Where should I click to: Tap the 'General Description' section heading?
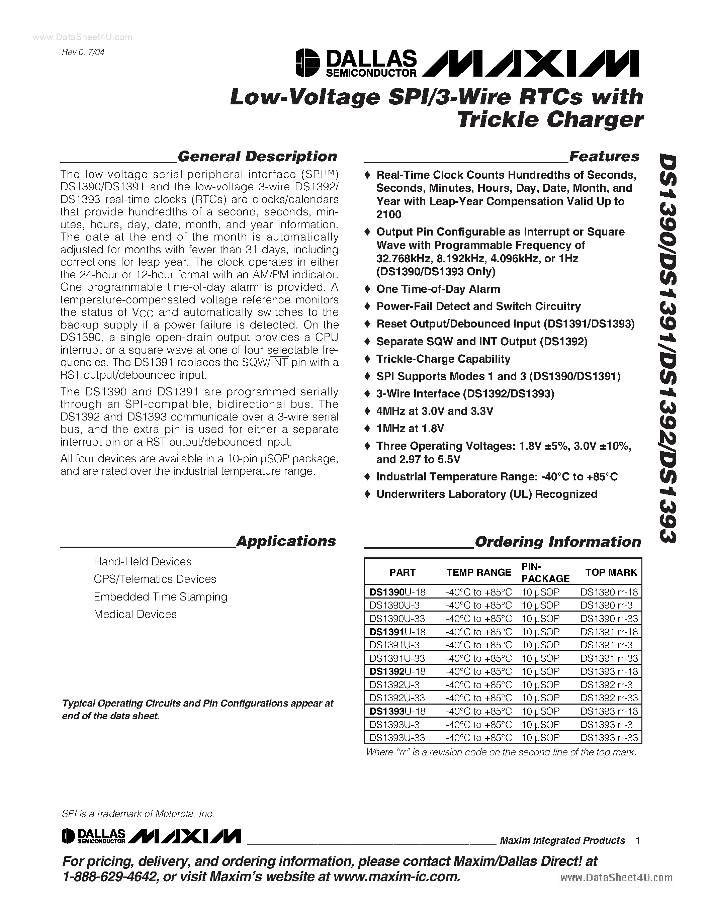tap(257, 156)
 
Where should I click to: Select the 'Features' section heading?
tap(604, 156)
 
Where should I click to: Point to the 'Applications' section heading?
tap(286, 541)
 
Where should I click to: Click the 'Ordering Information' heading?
tap(558, 541)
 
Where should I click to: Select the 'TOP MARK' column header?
tap(611, 572)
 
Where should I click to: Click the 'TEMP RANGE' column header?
tap(478, 572)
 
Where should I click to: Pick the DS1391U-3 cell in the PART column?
tap(394, 645)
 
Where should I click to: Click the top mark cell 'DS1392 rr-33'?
tap(609, 698)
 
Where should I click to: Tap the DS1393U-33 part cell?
tap(397, 738)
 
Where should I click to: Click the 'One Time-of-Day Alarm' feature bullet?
tap(438, 289)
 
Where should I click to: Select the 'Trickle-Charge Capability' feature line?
tap(443, 359)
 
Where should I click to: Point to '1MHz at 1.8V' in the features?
tap(410, 429)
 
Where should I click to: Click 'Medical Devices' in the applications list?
tap(135, 614)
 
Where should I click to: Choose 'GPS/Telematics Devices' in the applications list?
tap(155, 579)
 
